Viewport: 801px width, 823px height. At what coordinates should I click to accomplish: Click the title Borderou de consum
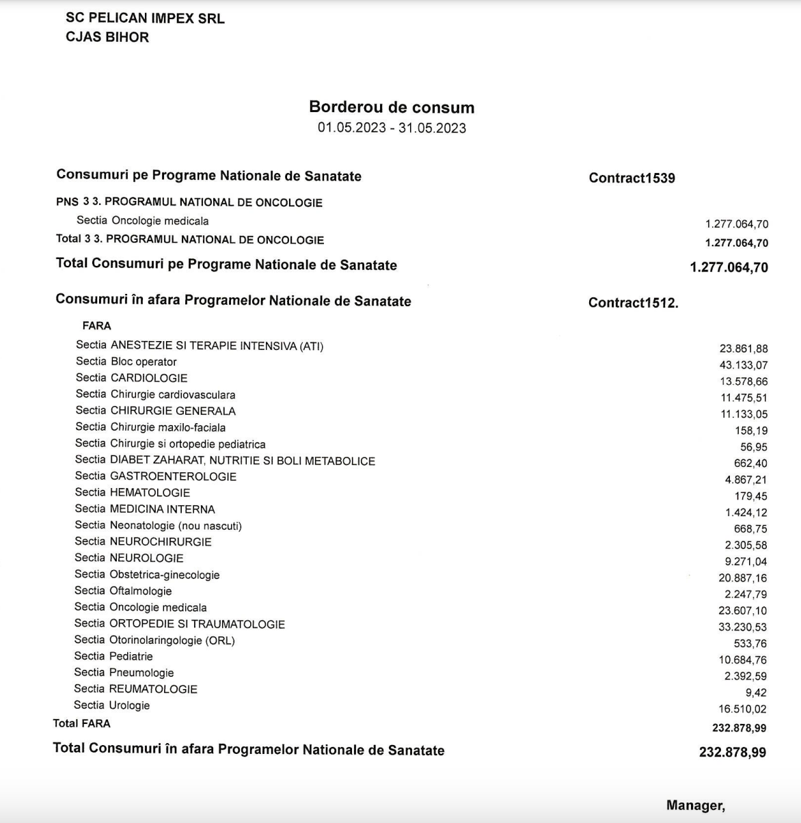click(x=392, y=107)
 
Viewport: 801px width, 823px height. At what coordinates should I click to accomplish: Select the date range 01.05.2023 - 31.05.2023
click(x=392, y=128)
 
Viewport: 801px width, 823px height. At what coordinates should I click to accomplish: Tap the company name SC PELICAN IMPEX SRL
click(x=145, y=18)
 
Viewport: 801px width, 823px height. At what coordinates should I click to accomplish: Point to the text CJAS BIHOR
click(x=107, y=37)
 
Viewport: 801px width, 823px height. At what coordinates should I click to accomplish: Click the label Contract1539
click(x=632, y=178)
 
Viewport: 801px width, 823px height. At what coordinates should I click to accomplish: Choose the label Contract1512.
click(x=633, y=303)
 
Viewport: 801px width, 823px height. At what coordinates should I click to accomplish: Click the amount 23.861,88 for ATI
click(x=743, y=349)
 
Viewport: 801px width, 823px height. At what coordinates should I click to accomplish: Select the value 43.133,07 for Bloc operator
click(x=743, y=365)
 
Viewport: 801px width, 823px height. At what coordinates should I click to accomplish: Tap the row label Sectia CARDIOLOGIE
click(x=131, y=378)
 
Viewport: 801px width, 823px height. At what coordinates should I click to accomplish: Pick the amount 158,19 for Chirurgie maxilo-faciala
click(x=750, y=431)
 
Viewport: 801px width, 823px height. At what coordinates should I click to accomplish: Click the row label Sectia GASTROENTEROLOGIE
click(x=156, y=476)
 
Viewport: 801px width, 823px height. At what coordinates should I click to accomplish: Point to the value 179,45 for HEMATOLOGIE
click(x=750, y=496)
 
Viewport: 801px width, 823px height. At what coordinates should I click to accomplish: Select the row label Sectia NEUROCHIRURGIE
click(x=143, y=541)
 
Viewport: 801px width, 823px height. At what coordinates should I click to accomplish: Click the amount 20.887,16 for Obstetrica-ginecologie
click(x=742, y=578)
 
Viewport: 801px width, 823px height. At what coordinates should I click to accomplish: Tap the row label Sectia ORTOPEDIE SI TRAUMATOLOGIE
click(x=180, y=624)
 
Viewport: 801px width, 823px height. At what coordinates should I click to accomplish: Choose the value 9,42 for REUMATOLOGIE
click(x=756, y=692)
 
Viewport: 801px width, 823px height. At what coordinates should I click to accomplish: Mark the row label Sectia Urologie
click(x=112, y=705)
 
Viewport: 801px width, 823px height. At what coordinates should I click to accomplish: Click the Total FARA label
click(x=81, y=723)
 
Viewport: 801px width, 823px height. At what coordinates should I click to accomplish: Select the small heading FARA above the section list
click(x=96, y=326)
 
